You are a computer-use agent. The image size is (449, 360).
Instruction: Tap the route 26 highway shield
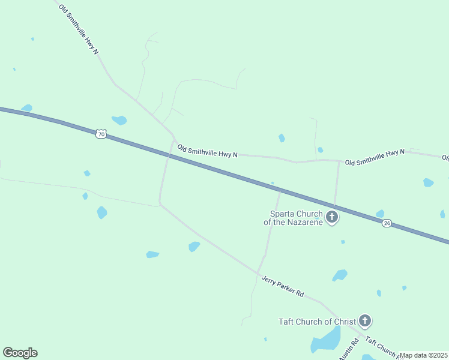[x=387, y=223]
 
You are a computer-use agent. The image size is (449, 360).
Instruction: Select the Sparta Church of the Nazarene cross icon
[x=332, y=217]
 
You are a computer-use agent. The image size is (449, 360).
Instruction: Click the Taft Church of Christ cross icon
[x=364, y=321]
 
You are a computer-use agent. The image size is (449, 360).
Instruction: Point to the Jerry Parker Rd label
[x=283, y=287]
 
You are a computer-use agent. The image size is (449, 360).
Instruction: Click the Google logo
[x=20, y=353]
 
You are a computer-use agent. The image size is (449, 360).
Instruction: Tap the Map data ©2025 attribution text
[x=424, y=355]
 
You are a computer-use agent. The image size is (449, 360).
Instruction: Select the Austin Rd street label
[x=349, y=350]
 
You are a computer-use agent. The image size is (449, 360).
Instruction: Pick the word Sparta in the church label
[x=282, y=213]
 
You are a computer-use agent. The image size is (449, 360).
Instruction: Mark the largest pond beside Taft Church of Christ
[x=325, y=341]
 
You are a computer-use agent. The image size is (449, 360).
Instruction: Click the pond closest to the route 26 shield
[x=380, y=214]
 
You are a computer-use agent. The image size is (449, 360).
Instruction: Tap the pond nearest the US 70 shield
[x=119, y=120]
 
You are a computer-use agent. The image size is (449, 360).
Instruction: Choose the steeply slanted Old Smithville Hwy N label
[x=79, y=29]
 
